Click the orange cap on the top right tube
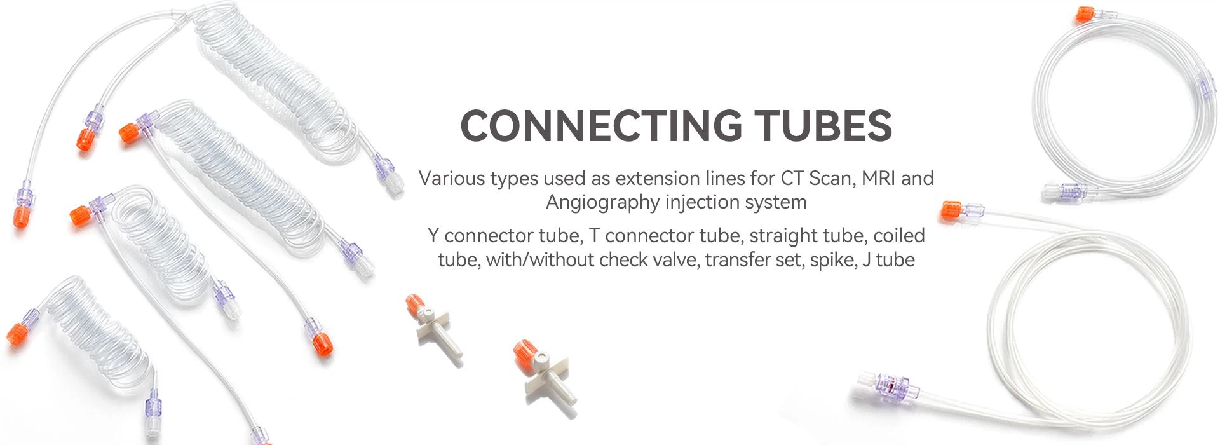click(x=1084, y=15)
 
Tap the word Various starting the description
click(x=451, y=178)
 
